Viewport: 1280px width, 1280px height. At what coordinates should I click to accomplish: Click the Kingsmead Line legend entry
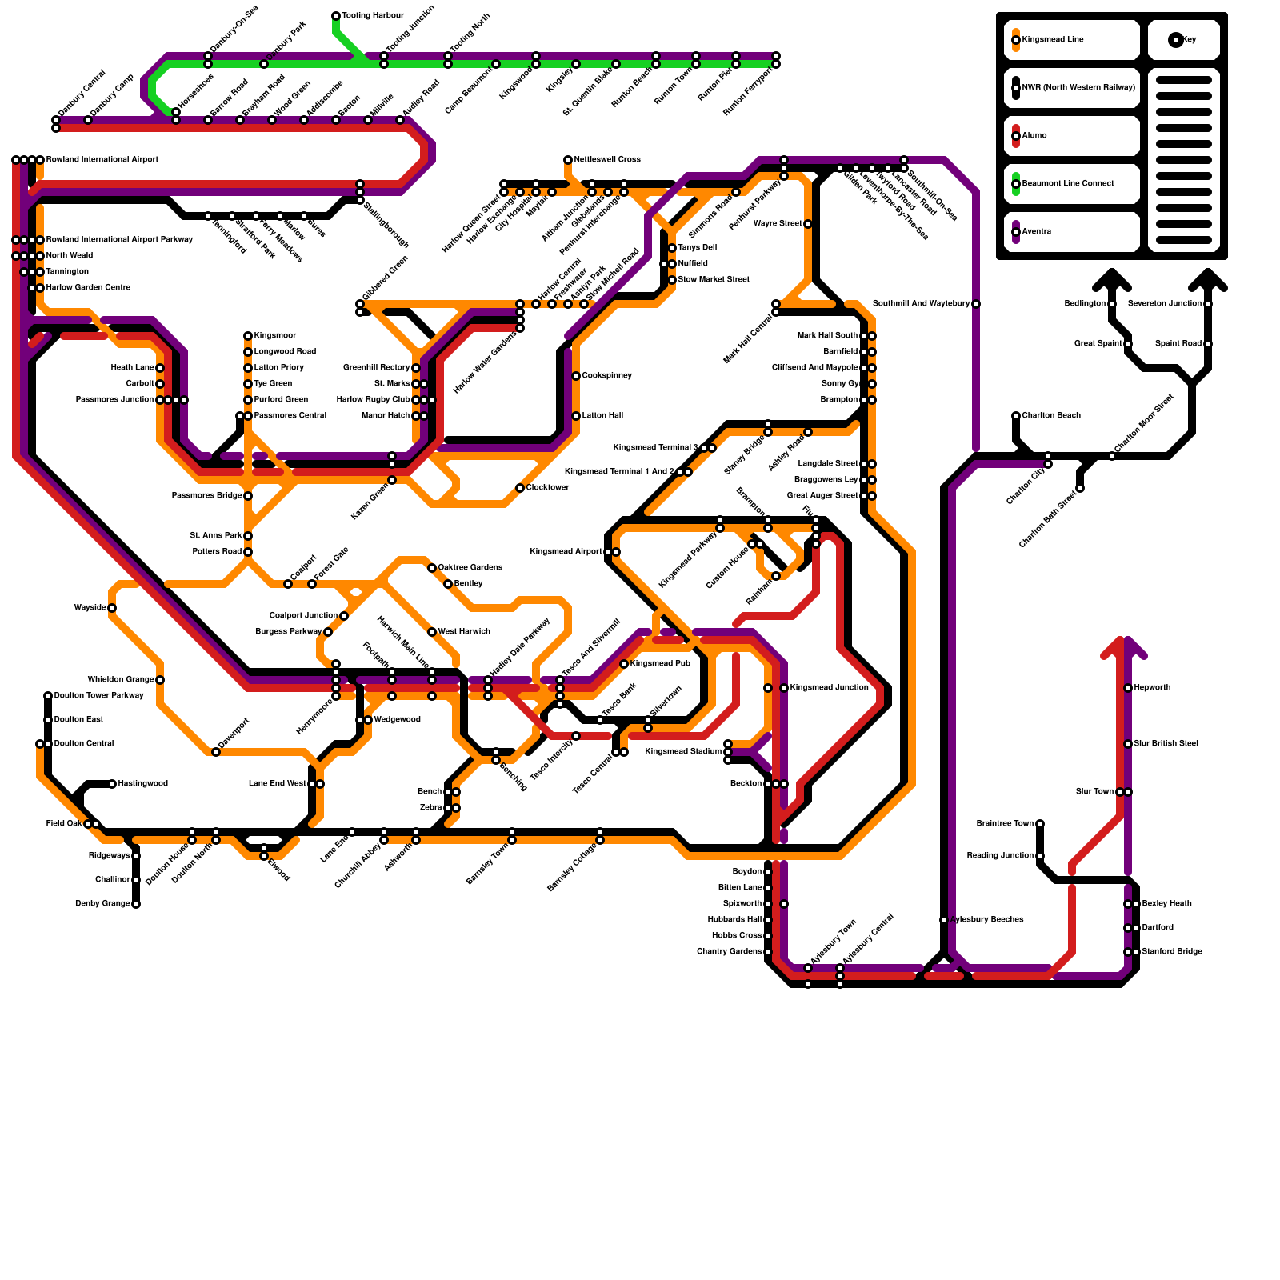coord(1053,40)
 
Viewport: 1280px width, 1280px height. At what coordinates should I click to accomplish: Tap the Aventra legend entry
coord(1040,232)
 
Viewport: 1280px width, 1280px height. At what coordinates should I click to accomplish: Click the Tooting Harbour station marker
coord(336,16)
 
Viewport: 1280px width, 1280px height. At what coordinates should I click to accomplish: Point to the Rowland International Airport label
coord(102,160)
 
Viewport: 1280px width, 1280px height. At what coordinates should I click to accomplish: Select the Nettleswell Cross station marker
coord(568,160)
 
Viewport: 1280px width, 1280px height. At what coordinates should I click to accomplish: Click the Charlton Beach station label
coord(1051,416)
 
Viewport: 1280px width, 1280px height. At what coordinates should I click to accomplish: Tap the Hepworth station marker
coord(1128,688)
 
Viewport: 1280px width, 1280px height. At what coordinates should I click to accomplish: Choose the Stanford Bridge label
coord(1172,952)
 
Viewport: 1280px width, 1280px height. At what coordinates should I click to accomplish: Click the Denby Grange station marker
coord(136,904)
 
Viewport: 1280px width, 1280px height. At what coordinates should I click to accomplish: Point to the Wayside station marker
coord(112,608)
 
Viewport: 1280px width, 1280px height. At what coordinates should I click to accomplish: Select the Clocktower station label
coord(548,488)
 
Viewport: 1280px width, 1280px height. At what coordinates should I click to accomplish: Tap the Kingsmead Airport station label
coord(566,552)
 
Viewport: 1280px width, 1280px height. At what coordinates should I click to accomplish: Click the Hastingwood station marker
coord(112,784)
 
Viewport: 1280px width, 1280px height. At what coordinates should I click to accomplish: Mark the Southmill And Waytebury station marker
coord(976,304)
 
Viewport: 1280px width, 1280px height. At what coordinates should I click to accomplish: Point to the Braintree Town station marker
coord(1040,824)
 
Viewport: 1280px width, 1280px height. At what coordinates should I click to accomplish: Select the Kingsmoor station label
coord(275,336)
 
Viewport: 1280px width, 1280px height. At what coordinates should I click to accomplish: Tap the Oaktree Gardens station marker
coord(432,568)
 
